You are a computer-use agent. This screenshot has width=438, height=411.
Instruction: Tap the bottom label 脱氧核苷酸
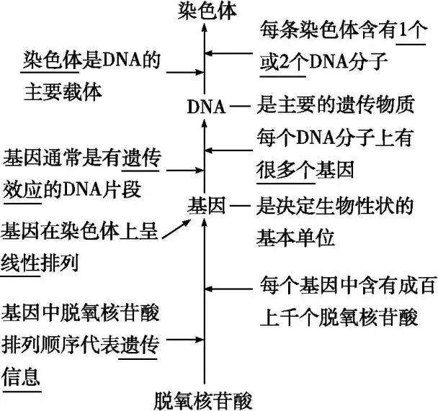(205, 398)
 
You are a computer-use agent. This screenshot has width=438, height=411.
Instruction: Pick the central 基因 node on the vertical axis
(205, 205)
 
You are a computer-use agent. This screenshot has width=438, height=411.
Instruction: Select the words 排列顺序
(42, 343)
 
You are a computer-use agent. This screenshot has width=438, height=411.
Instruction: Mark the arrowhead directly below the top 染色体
(205, 27)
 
